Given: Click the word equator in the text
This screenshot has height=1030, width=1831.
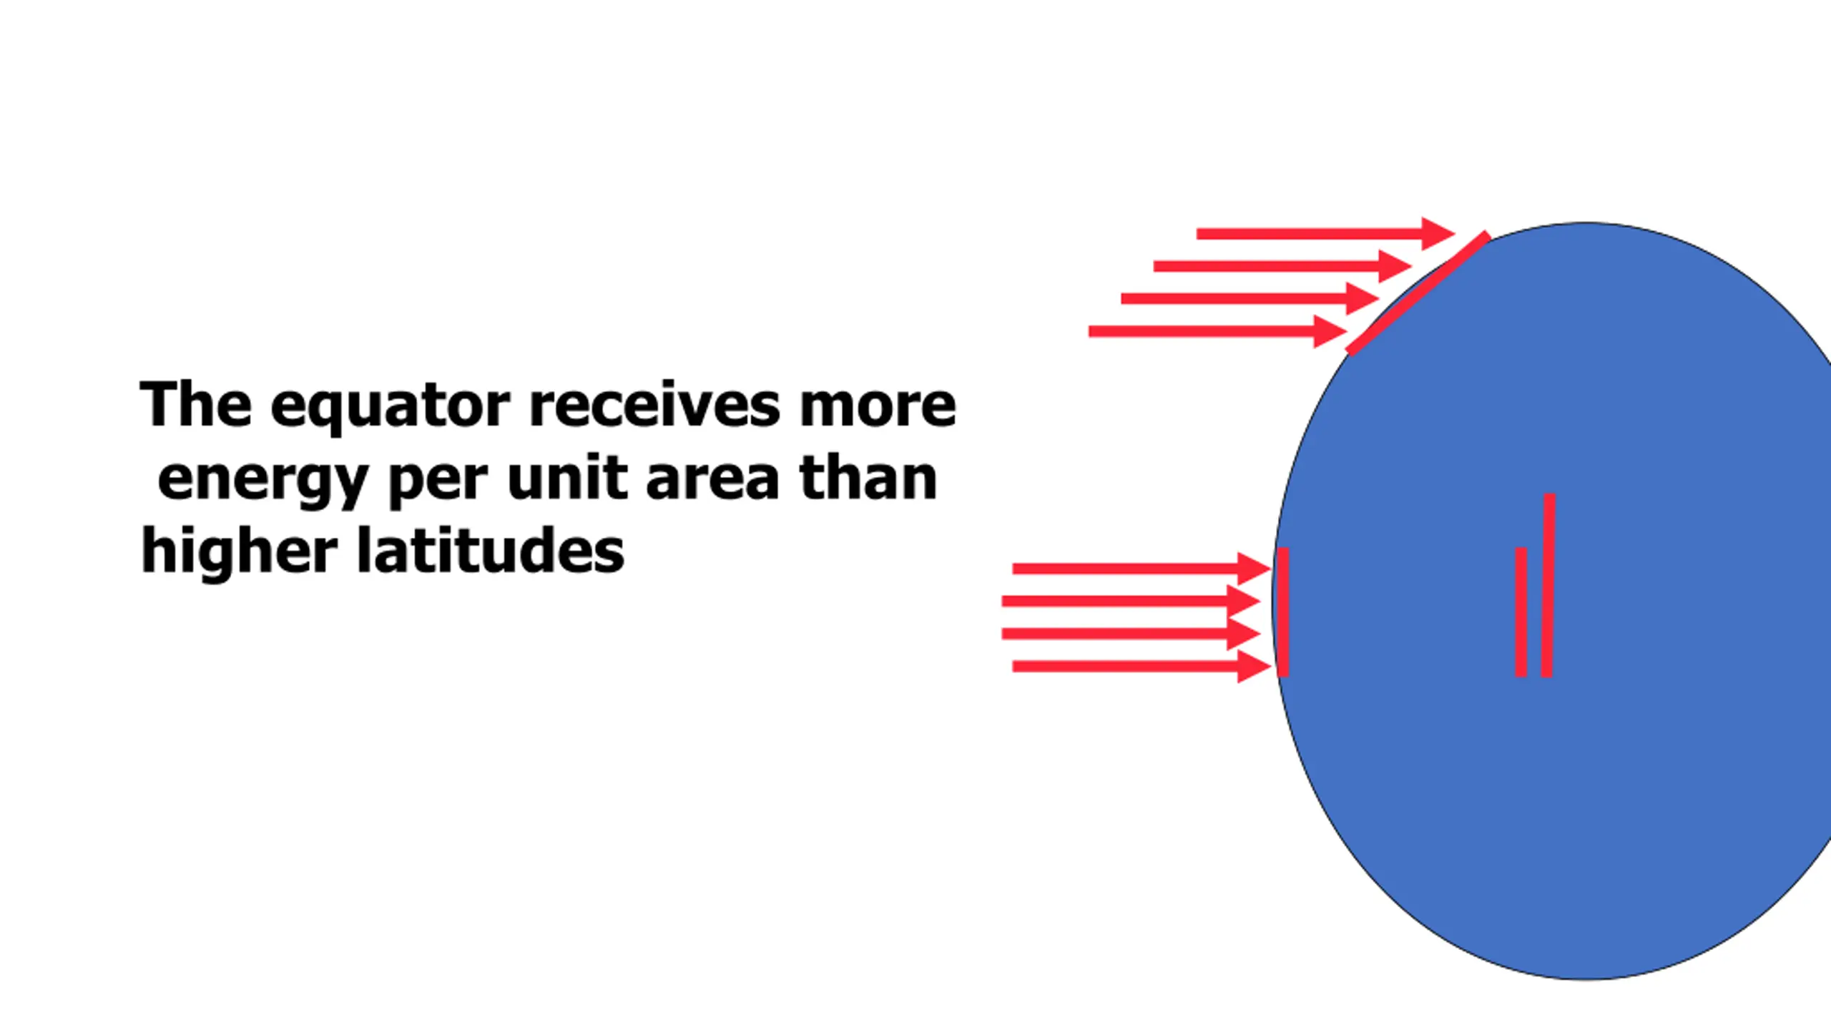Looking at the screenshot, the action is pyautogui.click(x=390, y=406).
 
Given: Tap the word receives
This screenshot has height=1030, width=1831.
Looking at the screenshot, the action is pyautogui.click(x=654, y=405).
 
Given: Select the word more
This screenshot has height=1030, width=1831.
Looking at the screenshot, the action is pyautogui.click(x=878, y=406).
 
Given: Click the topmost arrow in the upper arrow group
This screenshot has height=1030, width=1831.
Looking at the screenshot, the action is pyautogui.click(x=1323, y=234).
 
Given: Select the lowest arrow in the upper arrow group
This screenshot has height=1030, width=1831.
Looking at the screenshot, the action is pyautogui.click(x=1216, y=331).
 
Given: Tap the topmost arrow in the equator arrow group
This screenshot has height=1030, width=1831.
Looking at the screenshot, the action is pyautogui.click(x=1140, y=569).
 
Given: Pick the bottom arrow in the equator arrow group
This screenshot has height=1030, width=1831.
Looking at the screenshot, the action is pyautogui.click(x=1140, y=667).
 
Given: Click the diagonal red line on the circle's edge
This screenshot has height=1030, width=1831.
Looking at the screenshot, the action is pyautogui.click(x=1418, y=293).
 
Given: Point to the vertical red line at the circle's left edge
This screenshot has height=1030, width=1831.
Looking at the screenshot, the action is pyautogui.click(x=1283, y=612).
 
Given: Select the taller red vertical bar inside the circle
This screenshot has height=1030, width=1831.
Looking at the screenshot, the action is pyautogui.click(x=1548, y=584).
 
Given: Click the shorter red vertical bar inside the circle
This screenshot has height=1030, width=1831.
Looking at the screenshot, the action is pyautogui.click(x=1521, y=612).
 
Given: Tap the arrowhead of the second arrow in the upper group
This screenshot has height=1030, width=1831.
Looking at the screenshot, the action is pyautogui.click(x=1393, y=266).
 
